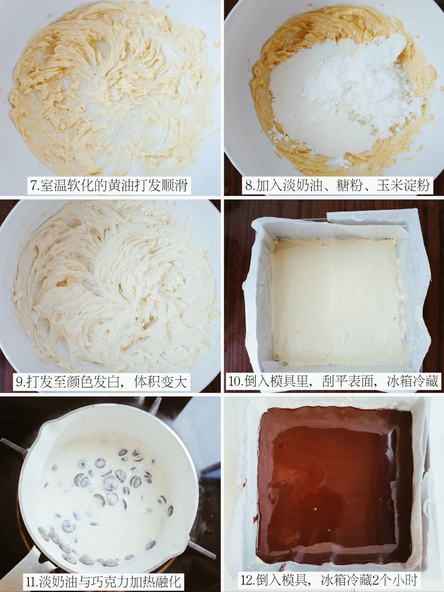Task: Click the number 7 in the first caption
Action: point(33,186)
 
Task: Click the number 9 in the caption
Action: point(19,382)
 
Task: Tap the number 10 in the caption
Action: point(235,381)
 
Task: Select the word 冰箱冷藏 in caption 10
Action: point(413,381)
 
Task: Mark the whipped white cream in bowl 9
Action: point(113,286)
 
